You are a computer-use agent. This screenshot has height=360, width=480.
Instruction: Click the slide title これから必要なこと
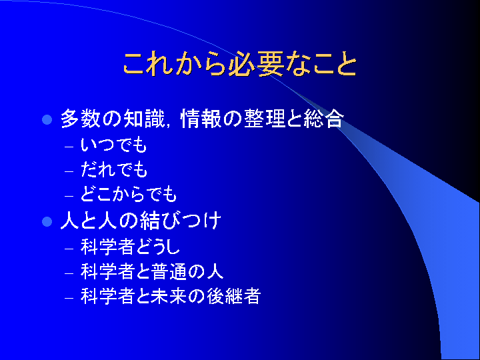point(240,64)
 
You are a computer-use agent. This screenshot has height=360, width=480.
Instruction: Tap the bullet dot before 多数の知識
point(47,120)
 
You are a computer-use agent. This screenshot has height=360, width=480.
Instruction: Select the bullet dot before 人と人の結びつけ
point(47,221)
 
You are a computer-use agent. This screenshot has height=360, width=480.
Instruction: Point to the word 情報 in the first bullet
point(201,119)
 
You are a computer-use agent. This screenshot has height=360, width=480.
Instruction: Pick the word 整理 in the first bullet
point(265,119)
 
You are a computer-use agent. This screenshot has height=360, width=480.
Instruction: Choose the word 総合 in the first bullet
point(324,119)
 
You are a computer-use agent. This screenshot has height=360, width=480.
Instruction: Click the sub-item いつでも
point(114,145)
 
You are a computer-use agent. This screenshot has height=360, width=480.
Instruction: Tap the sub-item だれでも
point(114,169)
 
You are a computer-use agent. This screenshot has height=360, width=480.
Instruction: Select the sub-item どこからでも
point(129,195)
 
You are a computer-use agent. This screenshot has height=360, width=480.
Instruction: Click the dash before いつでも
point(69,147)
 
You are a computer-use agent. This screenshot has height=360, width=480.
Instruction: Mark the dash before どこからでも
point(69,196)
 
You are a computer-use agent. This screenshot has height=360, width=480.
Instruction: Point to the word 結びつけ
point(180,221)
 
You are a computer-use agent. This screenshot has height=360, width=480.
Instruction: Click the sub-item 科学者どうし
point(130,247)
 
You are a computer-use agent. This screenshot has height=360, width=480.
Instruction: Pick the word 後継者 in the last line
point(234,296)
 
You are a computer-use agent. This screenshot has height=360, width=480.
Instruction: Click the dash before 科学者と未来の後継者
point(69,298)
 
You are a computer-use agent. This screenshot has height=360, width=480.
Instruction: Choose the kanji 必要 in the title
point(255,64)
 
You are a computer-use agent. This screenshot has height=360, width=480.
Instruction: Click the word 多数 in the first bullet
point(81,119)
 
